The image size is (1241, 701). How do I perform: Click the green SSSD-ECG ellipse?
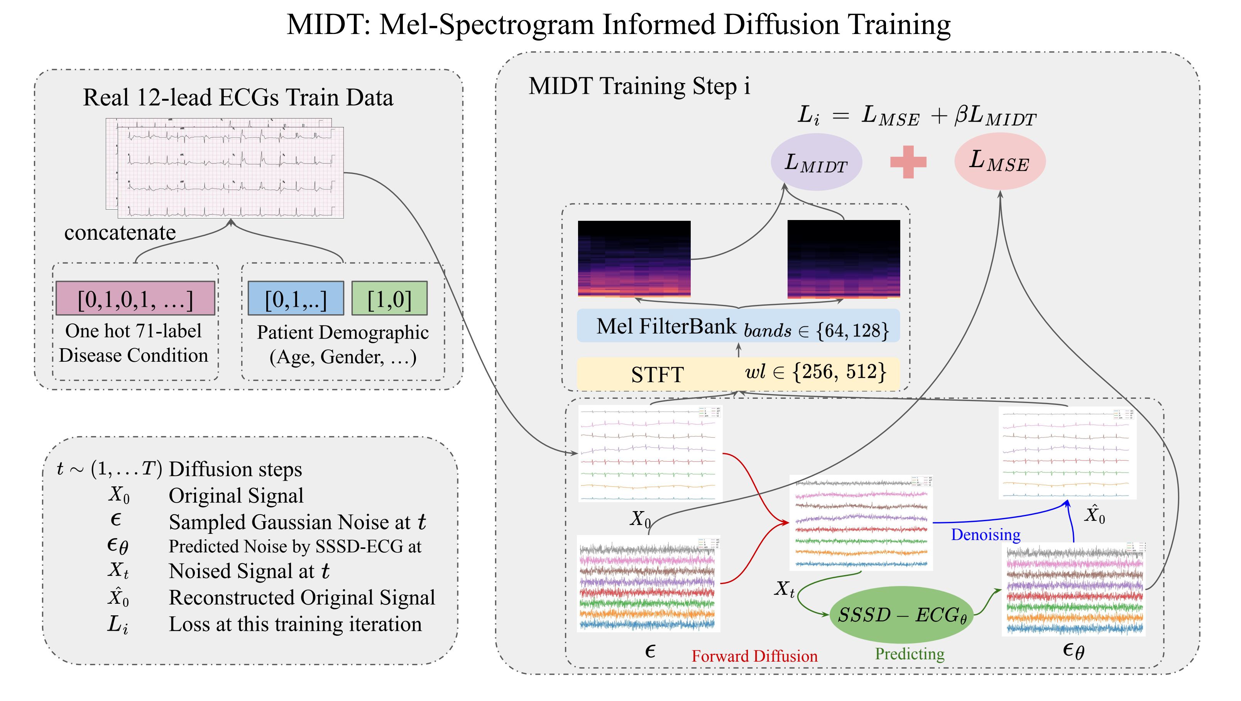tap(901, 615)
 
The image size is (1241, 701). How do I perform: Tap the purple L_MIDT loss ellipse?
tap(816, 163)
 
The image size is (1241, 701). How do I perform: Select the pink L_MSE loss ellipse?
tap(1000, 161)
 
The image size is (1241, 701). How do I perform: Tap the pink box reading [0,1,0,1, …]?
tap(135, 299)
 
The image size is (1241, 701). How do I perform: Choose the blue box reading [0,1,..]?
tap(296, 299)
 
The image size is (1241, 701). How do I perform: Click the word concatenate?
tap(120, 233)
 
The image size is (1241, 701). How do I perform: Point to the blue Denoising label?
tap(986, 535)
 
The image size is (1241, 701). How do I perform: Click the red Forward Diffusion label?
tap(754, 656)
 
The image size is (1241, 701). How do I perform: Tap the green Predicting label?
tap(910, 654)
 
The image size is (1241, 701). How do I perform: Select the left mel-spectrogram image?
tap(634, 259)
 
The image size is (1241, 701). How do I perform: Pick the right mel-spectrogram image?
tap(844, 259)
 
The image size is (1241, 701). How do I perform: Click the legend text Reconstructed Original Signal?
tap(302, 598)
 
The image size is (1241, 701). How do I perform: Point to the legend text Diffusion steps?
tap(235, 469)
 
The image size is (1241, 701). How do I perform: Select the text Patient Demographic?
tap(343, 332)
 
